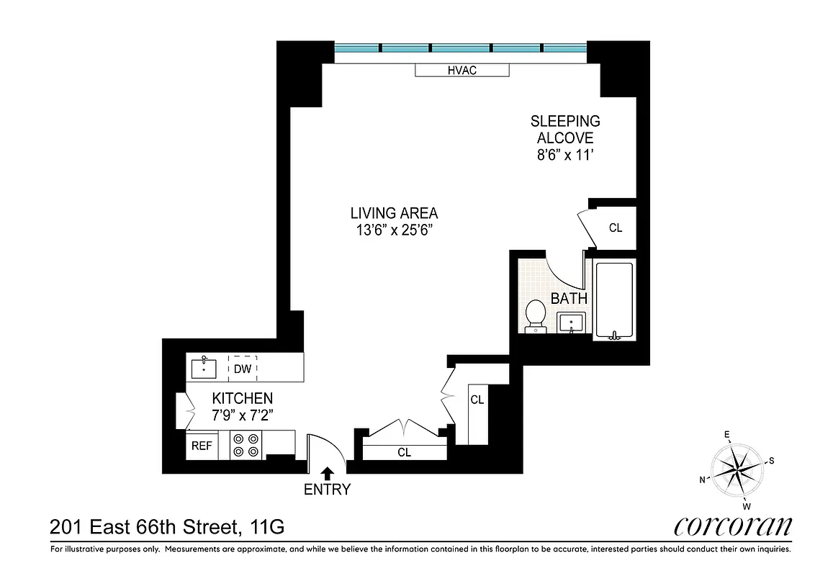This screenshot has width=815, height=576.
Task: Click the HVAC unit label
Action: tap(462, 70)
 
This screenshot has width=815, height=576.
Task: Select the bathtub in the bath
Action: tap(613, 301)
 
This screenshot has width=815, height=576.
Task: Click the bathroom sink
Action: tap(572, 323)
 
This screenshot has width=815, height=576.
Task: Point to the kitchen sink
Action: tap(205, 368)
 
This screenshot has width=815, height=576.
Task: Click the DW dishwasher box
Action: tap(243, 369)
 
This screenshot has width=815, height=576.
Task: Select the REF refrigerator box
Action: tap(202, 446)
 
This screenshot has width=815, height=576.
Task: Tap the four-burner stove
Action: tap(246, 445)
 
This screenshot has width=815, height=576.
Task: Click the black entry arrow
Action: tap(327, 473)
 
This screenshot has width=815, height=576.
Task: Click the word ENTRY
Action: tap(327, 490)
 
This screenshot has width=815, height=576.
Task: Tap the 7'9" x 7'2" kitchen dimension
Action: tap(241, 415)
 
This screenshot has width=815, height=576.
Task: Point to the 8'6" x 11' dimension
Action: tap(565, 155)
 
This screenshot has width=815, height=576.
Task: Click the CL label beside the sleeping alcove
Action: tap(615, 228)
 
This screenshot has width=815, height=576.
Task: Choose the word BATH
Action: tap(569, 298)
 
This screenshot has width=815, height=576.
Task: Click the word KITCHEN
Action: tap(242, 398)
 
